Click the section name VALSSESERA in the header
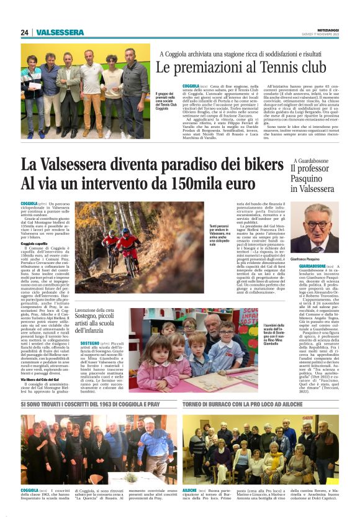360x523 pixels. coord(60,32)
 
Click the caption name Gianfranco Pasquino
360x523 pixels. coord(310,259)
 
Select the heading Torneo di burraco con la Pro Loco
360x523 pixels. coord(236,405)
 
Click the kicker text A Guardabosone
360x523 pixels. coord(312,160)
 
